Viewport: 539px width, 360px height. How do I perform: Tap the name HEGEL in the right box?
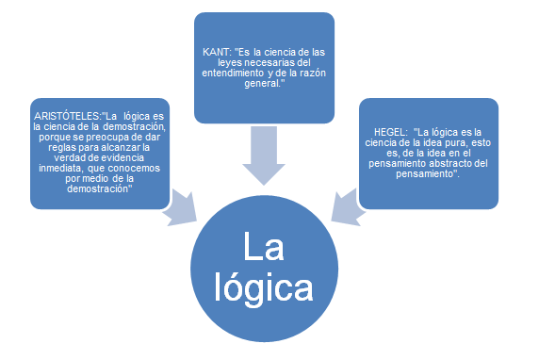point(390,131)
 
